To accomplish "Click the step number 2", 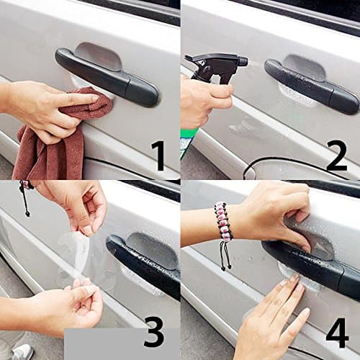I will (336, 155).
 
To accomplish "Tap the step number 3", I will (153, 333).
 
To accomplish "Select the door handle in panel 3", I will (144, 259).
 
